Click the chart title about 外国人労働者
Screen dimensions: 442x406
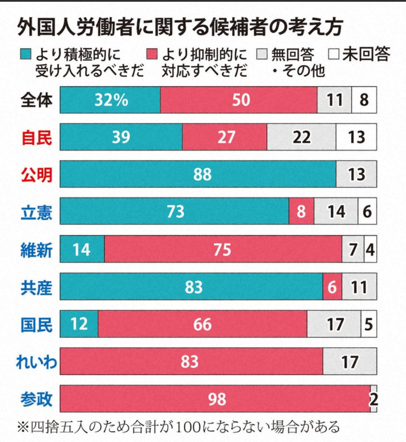(180, 27)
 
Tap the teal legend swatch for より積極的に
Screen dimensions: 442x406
(26, 55)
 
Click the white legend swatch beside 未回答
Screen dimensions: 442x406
(334, 55)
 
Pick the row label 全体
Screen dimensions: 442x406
(36, 100)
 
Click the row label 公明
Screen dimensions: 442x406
(36, 174)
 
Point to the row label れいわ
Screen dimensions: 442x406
(36, 362)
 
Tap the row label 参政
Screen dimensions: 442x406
(36, 399)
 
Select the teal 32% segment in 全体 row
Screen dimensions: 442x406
(110, 100)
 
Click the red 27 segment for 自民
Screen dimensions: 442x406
(225, 137)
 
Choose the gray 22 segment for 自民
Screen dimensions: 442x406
(301, 137)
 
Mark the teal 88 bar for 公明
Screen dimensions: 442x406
(198, 174)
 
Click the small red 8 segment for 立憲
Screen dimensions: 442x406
(301, 211)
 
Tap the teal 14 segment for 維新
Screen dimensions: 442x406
(82, 249)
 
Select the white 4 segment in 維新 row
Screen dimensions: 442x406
(370, 249)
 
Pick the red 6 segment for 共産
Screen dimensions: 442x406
(332, 287)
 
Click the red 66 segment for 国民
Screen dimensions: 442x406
(202, 324)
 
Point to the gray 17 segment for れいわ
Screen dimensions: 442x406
(349, 362)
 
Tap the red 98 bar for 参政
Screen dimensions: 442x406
(215, 399)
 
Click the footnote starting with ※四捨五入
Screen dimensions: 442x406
(178, 427)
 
